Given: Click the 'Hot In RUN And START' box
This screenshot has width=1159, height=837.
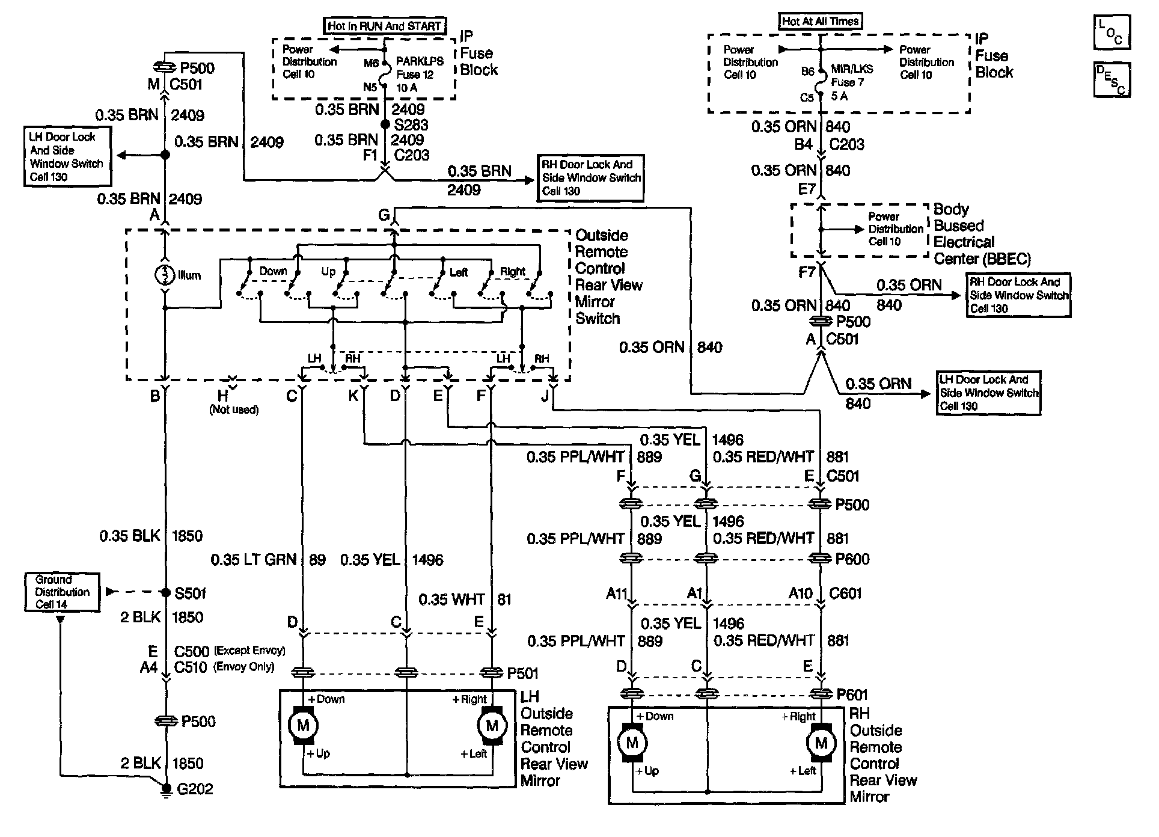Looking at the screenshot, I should pyautogui.click(x=385, y=26).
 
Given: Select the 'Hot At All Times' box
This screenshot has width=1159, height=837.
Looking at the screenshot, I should pyautogui.click(x=821, y=22).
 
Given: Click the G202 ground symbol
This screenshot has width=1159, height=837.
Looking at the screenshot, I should pyautogui.click(x=165, y=792).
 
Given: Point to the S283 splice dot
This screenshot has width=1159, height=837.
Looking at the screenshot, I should pyautogui.click(x=385, y=124).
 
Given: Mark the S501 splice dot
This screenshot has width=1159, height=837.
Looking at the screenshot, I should pyautogui.click(x=165, y=592).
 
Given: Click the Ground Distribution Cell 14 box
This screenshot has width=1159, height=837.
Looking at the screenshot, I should pyautogui.click(x=62, y=592).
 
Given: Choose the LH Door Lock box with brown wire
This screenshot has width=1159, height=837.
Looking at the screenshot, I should pyautogui.click(x=67, y=156).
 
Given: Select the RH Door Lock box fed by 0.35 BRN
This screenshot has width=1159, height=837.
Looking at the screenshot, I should pyautogui.click(x=591, y=178).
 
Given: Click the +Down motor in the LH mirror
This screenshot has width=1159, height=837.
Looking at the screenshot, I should pyautogui.click(x=303, y=726).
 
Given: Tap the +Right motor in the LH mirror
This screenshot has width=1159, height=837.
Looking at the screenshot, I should pyautogui.click(x=492, y=726).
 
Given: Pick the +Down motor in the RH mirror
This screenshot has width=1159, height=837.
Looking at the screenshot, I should pyautogui.click(x=632, y=743).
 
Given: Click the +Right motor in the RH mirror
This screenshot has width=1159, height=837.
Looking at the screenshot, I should pyautogui.click(x=821, y=743).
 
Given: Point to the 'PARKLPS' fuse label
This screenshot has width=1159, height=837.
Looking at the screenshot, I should pyautogui.click(x=420, y=61).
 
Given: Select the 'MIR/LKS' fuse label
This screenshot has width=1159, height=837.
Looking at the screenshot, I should pyautogui.click(x=852, y=69).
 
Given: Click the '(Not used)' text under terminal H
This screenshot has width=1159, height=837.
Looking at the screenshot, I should pyautogui.click(x=234, y=409).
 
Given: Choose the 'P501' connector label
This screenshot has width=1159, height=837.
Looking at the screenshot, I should pyautogui.click(x=523, y=673).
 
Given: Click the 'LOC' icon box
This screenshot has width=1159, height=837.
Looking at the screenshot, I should pyautogui.click(x=1112, y=32).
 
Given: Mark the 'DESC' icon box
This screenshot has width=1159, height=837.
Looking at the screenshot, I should pyautogui.click(x=1112, y=80).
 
